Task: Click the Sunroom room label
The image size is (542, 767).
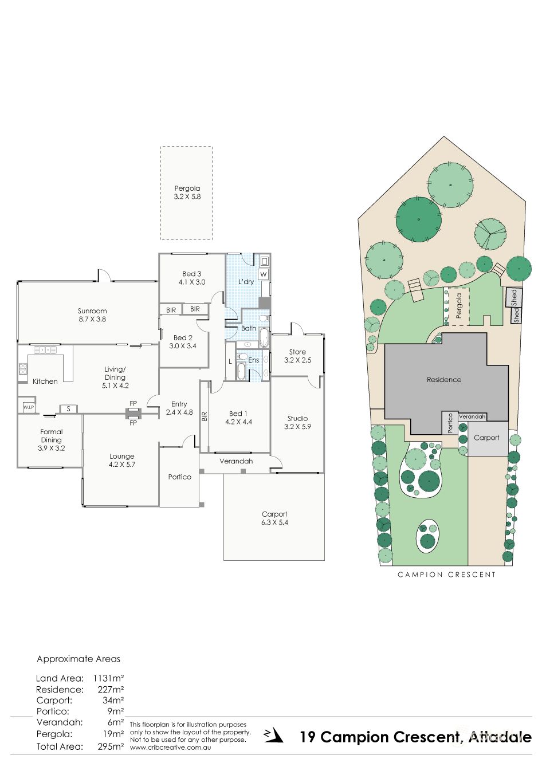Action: coord(92,315)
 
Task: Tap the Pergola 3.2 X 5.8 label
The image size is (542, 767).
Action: coord(187,192)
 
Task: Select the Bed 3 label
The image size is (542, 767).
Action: coord(192,278)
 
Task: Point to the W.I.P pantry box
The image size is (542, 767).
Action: coord(29,407)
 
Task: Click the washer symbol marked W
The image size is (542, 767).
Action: coord(264,274)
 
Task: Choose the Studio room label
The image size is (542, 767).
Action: coord(297,422)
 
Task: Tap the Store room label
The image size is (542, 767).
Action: coord(297,356)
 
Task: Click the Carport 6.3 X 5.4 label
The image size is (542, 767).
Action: coord(274,518)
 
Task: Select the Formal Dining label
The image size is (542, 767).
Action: coord(52,440)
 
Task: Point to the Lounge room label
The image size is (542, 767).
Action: coord(122,461)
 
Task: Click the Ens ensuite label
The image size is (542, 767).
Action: coord(253,360)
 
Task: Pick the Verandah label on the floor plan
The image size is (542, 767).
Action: coord(236,461)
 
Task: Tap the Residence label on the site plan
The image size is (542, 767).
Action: coord(444,380)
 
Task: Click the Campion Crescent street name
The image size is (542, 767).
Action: coord(447,575)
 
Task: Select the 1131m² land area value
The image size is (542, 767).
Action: coord(108,678)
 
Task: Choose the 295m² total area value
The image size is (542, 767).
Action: coord(111,746)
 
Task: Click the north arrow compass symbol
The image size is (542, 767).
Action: coord(273,736)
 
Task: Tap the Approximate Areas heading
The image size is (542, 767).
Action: coord(78,659)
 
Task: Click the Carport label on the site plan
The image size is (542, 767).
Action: coord(486,438)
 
